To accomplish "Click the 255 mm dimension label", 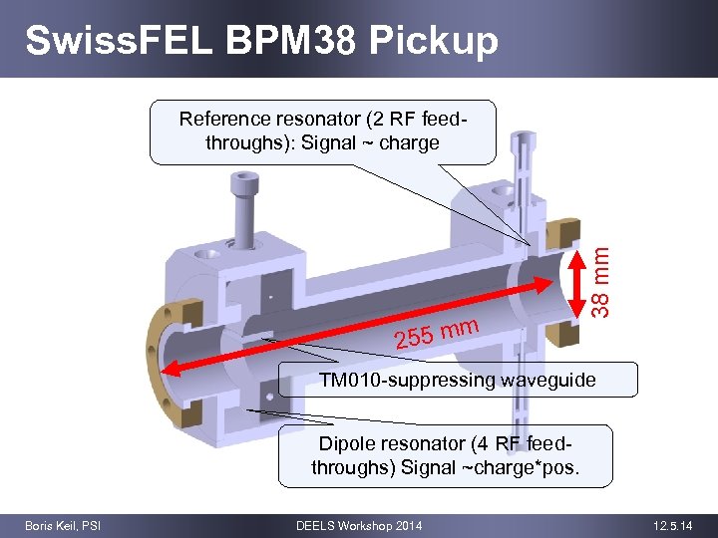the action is [438, 333].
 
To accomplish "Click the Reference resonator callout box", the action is [322, 131].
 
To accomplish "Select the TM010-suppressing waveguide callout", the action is [457, 380].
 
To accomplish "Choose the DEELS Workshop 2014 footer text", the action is [359, 525].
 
